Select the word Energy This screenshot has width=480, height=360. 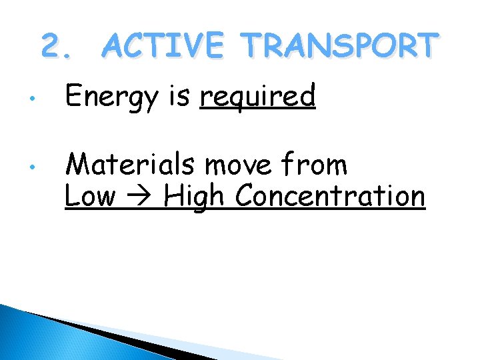[112, 98]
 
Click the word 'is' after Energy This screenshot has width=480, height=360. [180, 97]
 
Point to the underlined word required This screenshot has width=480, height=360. [258, 98]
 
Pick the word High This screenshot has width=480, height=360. [195, 197]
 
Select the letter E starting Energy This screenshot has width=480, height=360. [73, 97]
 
